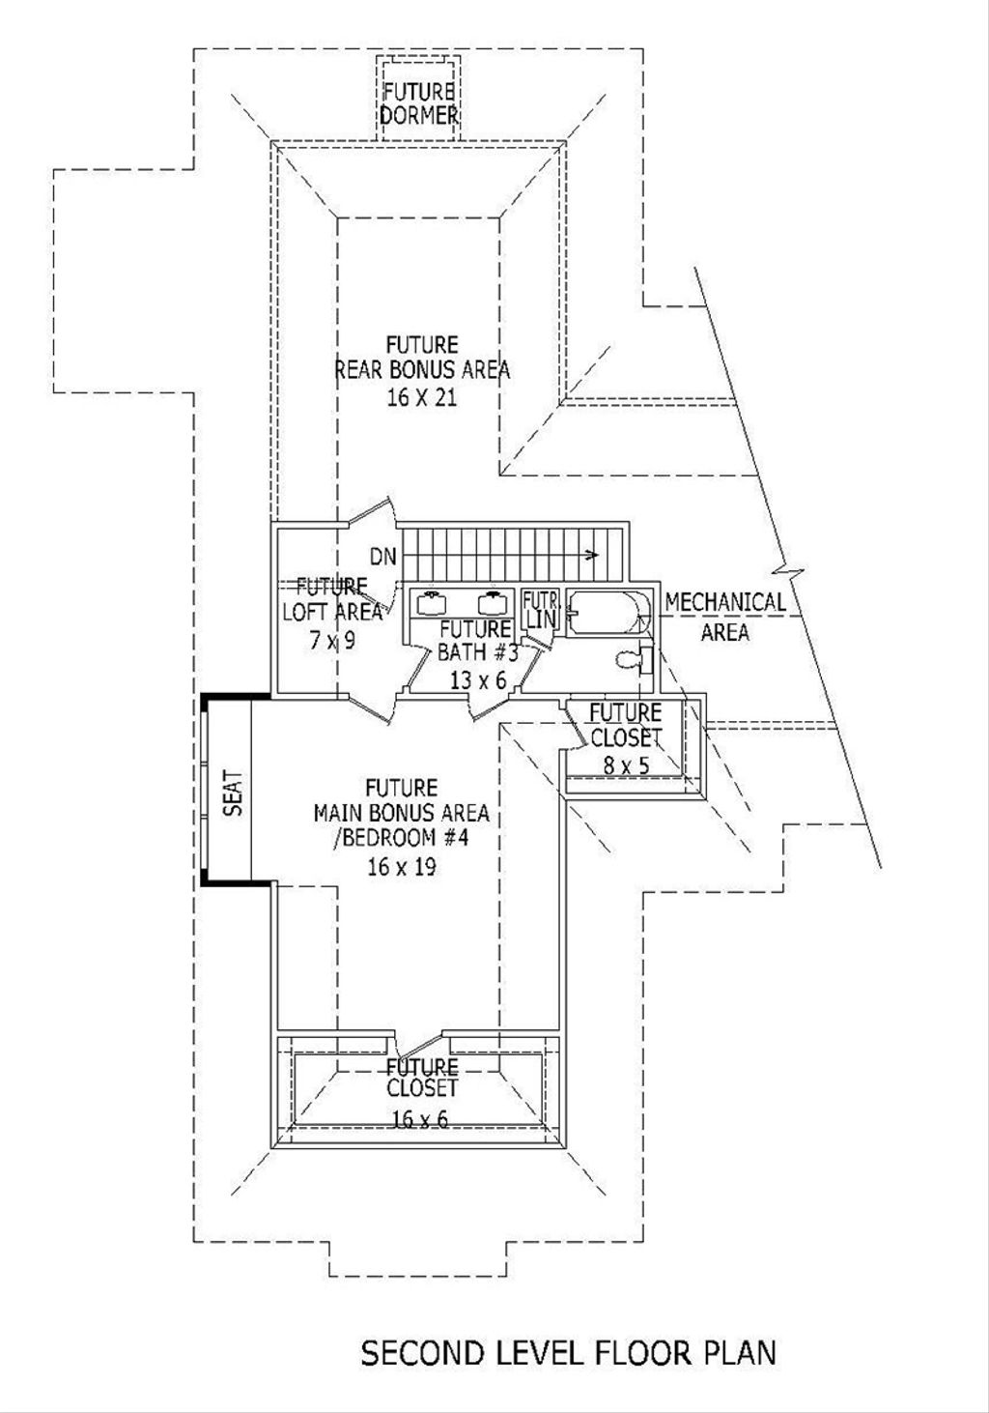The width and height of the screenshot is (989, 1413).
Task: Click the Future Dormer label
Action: (418, 103)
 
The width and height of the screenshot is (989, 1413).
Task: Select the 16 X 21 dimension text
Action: (421, 397)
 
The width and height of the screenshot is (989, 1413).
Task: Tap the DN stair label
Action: (383, 556)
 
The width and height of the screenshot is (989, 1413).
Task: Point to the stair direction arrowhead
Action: (593, 555)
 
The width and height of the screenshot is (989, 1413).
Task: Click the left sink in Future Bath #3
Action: (431, 603)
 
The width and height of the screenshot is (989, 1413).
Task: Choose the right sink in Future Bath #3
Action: (494, 603)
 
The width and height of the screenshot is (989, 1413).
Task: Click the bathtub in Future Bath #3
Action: (608, 612)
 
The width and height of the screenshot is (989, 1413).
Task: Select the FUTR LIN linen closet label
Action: (540, 610)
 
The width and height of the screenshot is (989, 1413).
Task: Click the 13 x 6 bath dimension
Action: (477, 680)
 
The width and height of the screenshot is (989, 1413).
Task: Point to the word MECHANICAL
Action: (724, 602)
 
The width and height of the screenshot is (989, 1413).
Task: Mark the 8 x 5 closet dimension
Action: (625, 764)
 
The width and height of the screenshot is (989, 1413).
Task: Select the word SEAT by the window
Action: (233, 793)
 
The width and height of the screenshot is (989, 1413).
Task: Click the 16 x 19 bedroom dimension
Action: (401, 866)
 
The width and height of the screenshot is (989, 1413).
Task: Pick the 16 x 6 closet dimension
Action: (420, 1119)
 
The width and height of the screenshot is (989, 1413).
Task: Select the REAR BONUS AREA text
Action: (422, 370)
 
